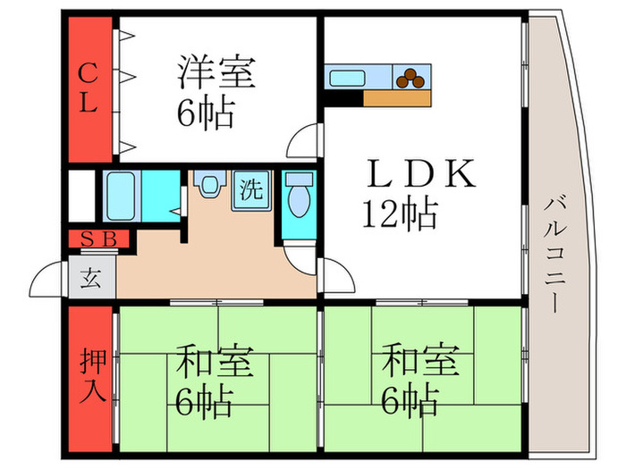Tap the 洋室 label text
coord(216,72)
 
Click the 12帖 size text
coord(399,214)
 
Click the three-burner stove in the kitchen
coord(412,78)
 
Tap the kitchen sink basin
coord(349,78)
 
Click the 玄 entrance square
coord(92,278)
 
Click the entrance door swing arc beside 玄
coord(49,281)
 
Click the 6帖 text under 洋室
coord(205,114)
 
